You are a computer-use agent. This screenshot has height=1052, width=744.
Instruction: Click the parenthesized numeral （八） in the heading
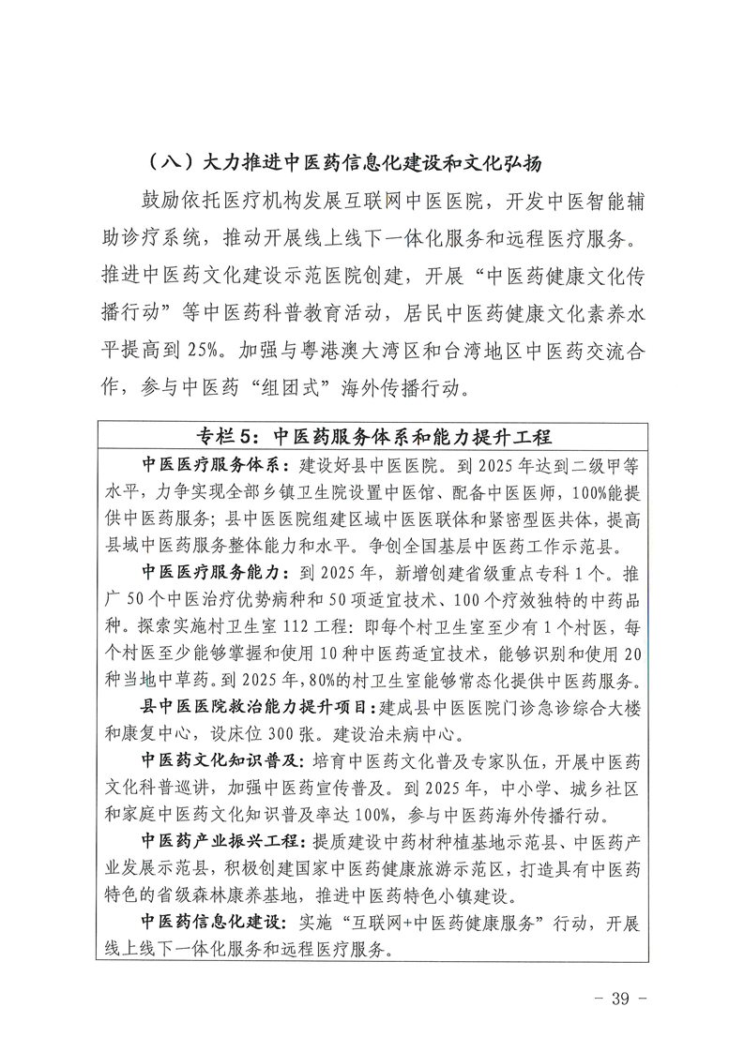tap(170, 161)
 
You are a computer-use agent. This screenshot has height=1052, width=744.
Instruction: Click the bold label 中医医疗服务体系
tap(213, 465)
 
